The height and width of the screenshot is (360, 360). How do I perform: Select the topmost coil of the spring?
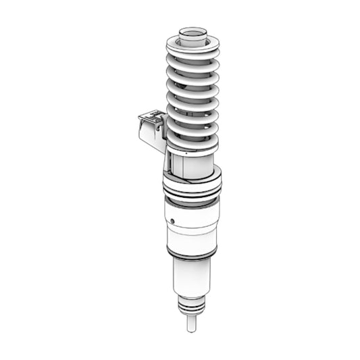coord(192,50)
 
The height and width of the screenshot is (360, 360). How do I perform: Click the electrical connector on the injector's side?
coord(151,130)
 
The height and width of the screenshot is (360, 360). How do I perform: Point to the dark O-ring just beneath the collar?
coord(192,199)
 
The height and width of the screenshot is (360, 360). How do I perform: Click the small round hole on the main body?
coord(173,221)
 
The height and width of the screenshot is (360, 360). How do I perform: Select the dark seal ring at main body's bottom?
coord(192,255)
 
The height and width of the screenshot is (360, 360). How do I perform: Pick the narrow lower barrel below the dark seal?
coord(192,277)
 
